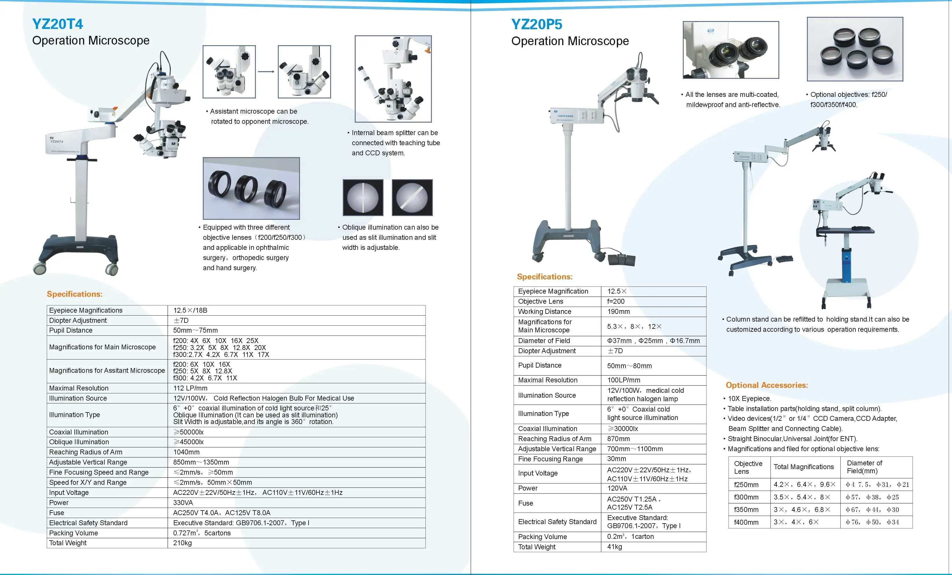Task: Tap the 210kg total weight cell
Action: (182, 543)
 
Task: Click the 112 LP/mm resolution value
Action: (190, 388)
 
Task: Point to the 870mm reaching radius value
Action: (618, 438)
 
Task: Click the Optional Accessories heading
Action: (767, 385)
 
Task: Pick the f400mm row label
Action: (746, 522)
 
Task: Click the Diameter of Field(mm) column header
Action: (864, 467)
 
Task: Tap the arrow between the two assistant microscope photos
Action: (266, 71)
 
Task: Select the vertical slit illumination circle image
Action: (363, 198)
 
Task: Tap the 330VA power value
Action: (183, 503)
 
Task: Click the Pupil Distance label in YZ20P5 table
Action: (539, 365)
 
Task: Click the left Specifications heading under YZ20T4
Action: (75, 294)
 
